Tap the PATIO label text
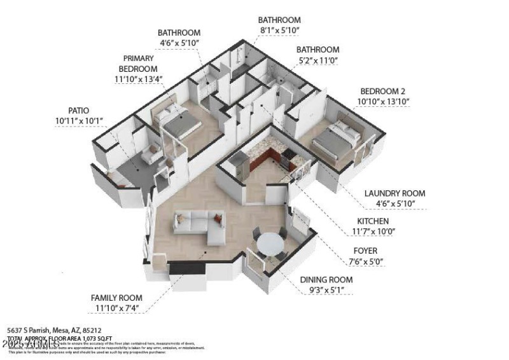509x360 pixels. tap(82, 110)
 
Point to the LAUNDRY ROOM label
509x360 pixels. tap(394, 193)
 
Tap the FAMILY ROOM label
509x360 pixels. tap(116, 298)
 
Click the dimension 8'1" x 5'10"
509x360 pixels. tap(279, 30)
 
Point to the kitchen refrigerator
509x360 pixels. tap(238, 166)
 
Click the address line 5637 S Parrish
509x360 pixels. tap(54, 331)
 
